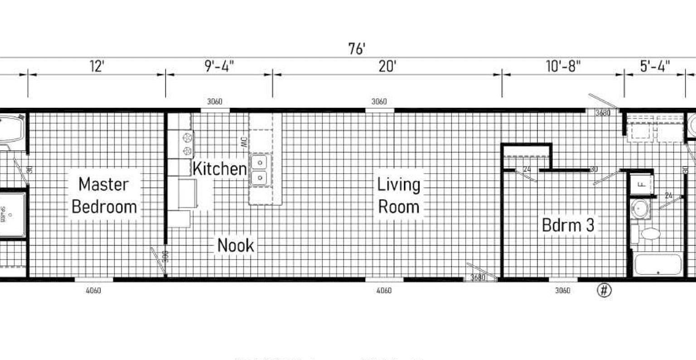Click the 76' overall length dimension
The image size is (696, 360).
pyautogui.click(x=357, y=49)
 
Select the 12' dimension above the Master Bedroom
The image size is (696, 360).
pyautogui.click(x=97, y=67)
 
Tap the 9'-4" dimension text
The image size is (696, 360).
pyautogui.click(x=219, y=67)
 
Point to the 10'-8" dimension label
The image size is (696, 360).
pyautogui.click(x=563, y=67)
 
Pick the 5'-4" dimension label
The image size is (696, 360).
pyautogui.click(x=655, y=67)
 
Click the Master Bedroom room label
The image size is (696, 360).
pyautogui.click(x=104, y=195)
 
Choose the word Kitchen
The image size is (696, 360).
pyautogui.click(x=220, y=169)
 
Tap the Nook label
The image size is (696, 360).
pyautogui.click(x=236, y=245)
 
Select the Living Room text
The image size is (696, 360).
pyautogui.click(x=399, y=195)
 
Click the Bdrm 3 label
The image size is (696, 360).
pyautogui.click(x=568, y=225)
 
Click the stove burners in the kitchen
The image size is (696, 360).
pyautogui.click(x=186, y=144)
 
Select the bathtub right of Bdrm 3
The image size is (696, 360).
pyautogui.click(x=658, y=264)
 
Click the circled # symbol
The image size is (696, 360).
pyautogui.click(x=604, y=290)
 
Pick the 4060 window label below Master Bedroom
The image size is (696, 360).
pyautogui.click(x=93, y=290)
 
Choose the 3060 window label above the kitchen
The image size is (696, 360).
pyautogui.click(x=215, y=102)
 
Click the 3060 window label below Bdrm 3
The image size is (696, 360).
pyautogui.click(x=563, y=290)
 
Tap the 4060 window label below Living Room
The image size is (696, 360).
pyautogui.click(x=384, y=290)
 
